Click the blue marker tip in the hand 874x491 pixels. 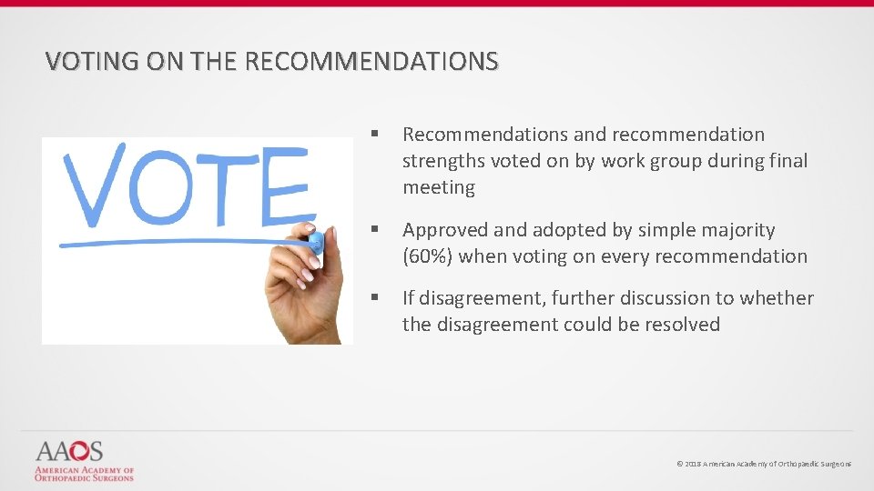(315, 243)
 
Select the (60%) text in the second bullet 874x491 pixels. (428, 256)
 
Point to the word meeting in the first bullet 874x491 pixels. (439, 188)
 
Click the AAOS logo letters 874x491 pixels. (69, 452)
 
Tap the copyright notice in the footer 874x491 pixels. (764, 465)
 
